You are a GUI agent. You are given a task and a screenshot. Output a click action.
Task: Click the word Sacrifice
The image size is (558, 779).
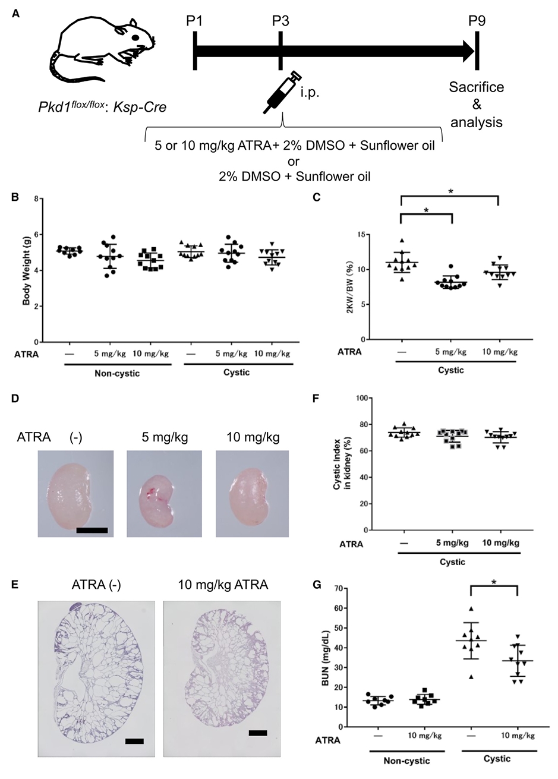(x=477, y=88)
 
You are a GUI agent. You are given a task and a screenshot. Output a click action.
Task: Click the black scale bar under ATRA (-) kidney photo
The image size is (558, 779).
(x=92, y=529)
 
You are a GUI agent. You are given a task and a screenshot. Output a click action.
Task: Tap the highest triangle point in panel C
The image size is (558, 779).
(x=402, y=240)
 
